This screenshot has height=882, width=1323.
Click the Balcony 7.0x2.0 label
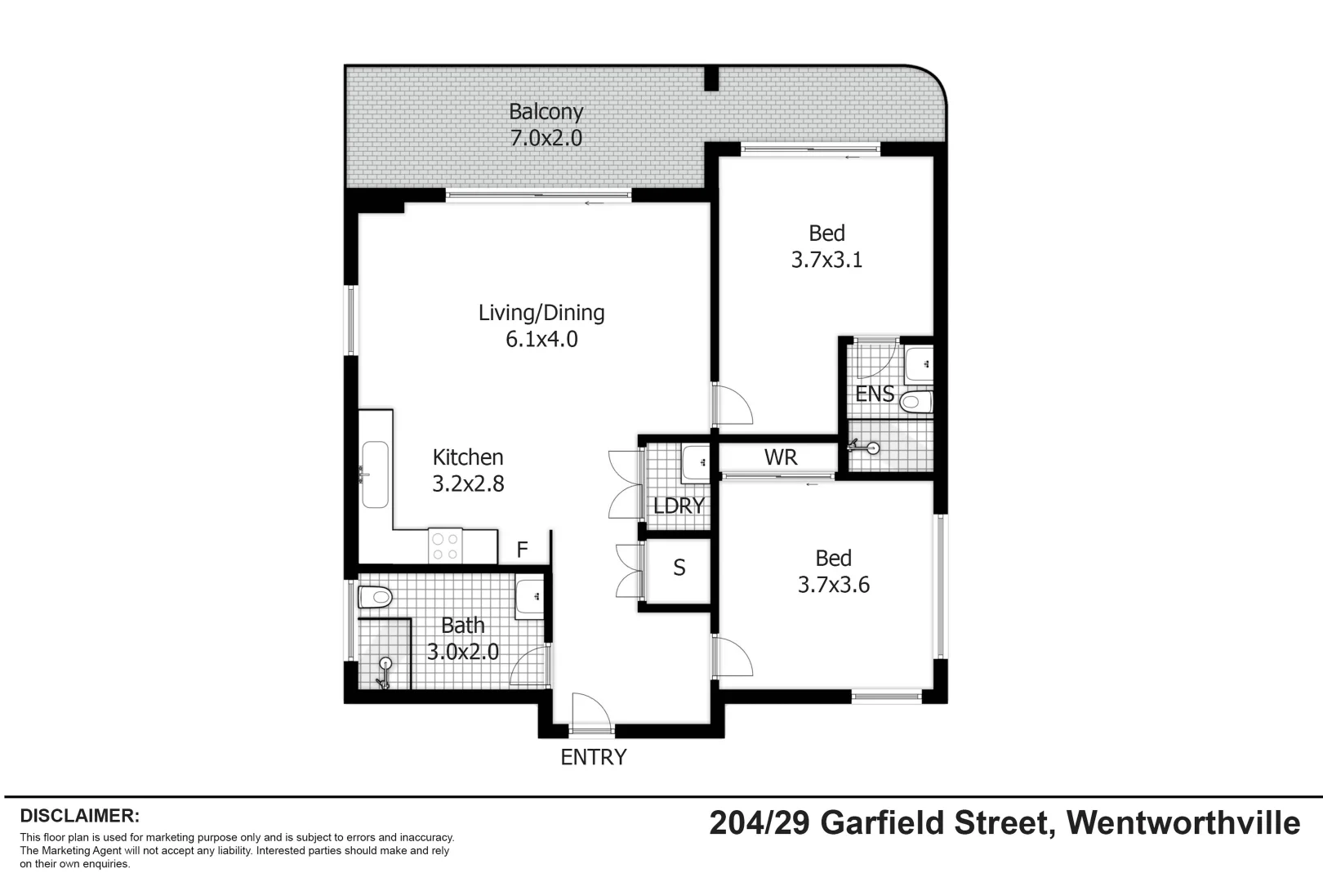(x=546, y=124)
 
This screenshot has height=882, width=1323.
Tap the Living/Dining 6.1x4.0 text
(x=541, y=325)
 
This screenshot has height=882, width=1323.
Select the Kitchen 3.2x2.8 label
(x=468, y=470)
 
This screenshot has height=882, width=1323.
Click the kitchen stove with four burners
(x=446, y=546)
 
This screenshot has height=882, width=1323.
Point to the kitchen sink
(x=375, y=474)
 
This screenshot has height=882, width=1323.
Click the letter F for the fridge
(x=523, y=550)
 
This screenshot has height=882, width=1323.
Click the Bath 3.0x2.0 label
(x=463, y=639)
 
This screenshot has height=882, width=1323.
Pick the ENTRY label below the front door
(x=594, y=757)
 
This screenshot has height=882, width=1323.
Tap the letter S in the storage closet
(x=679, y=568)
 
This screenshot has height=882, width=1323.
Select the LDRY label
(x=679, y=506)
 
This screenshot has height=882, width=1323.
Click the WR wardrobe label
(x=781, y=457)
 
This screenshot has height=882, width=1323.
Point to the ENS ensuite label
(x=875, y=394)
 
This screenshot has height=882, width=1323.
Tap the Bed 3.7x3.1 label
(x=826, y=246)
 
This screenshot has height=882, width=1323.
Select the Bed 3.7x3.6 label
(x=833, y=571)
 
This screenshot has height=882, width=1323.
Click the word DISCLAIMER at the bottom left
(x=80, y=816)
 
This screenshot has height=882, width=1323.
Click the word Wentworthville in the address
(x=1183, y=822)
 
